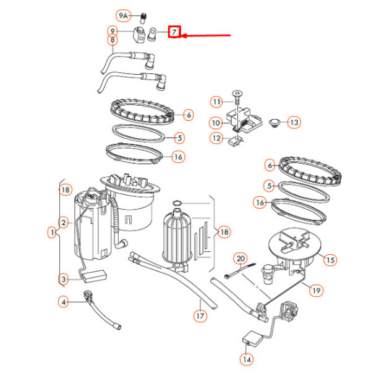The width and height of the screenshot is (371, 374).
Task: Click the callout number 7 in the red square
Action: (x=174, y=31)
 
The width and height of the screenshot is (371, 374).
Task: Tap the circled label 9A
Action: (x=123, y=16)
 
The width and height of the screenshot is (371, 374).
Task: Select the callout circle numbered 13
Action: (x=294, y=122)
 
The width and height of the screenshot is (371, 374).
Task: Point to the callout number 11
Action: (x=216, y=102)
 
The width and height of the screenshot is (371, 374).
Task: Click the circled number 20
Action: (x=241, y=259)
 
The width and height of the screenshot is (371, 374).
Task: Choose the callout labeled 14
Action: (x=247, y=359)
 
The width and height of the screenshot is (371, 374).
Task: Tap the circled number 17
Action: (x=200, y=316)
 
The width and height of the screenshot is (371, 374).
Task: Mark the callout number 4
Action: (x=63, y=302)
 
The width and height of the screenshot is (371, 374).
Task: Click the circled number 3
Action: (x=63, y=279)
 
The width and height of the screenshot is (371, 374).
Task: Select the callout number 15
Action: (x=330, y=260)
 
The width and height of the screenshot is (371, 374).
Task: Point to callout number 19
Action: (x=316, y=290)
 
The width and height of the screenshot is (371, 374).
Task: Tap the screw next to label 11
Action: (x=237, y=97)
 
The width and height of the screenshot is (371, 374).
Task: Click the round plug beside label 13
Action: (x=274, y=123)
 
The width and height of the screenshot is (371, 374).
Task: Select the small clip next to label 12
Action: (x=236, y=141)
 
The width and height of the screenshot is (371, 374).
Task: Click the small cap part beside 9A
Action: (x=143, y=18)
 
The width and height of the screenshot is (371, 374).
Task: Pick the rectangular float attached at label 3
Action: (x=93, y=275)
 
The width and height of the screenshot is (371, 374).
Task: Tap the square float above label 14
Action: (x=252, y=338)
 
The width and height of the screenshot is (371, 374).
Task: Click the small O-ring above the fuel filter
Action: (x=177, y=203)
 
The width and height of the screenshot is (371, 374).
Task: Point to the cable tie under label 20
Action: (x=240, y=271)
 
